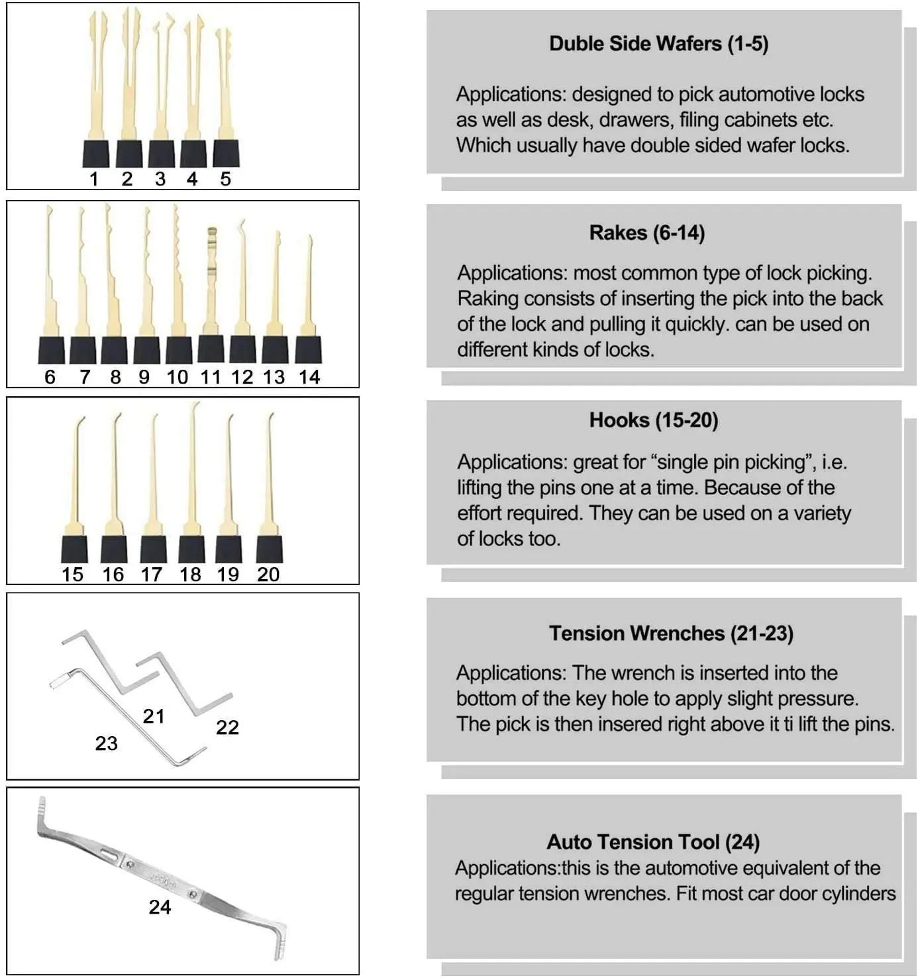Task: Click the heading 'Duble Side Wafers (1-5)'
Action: pos(658,44)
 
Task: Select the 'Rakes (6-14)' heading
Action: pos(646,233)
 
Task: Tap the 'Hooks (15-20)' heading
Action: pos(653,420)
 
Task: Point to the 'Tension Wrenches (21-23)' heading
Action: pos(670,633)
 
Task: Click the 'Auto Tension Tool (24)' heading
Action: pos(652,842)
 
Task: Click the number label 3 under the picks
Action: pos(160,179)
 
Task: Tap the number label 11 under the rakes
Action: pos(210,377)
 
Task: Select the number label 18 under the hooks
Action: pos(190,574)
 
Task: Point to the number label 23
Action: pos(106,743)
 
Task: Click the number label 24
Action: pos(160,906)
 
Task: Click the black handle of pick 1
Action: pos(96,154)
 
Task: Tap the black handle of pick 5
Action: pos(226,154)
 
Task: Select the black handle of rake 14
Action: pos(308,350)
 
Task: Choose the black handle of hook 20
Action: pos(270,549)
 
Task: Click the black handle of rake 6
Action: pos(51,350)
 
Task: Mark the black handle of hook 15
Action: pos(74,549)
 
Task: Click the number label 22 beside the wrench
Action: pos(227,727)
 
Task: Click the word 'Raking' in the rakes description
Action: pos(487,298)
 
